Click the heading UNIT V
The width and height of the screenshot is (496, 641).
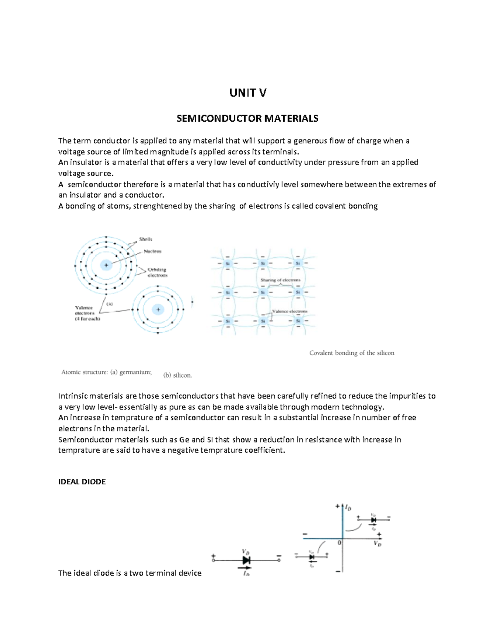click(248, 93)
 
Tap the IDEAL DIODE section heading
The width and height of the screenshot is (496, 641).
click(82, 482)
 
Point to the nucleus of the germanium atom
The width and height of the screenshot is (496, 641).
click(106, 265)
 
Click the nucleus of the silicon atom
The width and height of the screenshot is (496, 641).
click(158, 309)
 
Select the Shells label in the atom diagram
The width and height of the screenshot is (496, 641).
click(145, 239)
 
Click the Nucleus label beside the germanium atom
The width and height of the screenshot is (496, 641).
click(152, 251)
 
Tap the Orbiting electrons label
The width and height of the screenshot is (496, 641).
click(157, 272)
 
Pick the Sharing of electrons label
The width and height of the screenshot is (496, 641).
click(280, 280)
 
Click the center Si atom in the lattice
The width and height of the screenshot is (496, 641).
click(263, 293)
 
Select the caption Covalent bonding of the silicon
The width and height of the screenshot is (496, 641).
click(352, 353)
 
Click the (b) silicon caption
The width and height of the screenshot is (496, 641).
click(177, 375)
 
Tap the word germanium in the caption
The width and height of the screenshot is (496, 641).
click(135, 372)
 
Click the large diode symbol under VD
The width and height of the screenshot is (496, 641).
click(246, 560)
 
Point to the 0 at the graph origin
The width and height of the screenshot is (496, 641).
click(339, 543)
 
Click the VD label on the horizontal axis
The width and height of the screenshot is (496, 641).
click(377, 544)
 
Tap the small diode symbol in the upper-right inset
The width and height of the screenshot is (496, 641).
click(373, 520)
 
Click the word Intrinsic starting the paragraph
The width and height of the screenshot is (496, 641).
click(73, 396)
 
